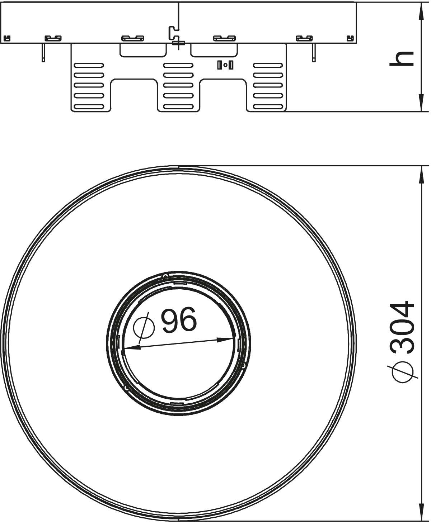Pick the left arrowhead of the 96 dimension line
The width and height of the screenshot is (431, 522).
(132, 347)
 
